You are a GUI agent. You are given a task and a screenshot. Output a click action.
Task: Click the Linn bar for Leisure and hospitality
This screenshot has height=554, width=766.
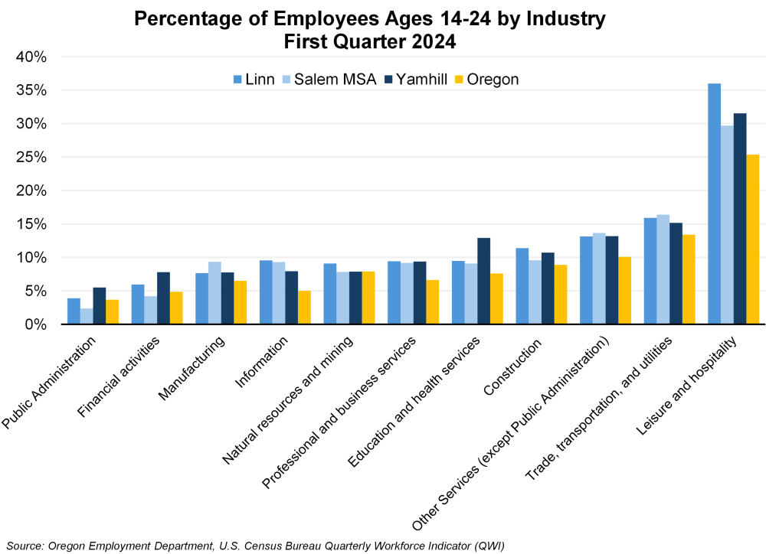point(714,204)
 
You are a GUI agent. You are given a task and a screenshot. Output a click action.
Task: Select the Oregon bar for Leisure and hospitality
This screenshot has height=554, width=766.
point(752,240)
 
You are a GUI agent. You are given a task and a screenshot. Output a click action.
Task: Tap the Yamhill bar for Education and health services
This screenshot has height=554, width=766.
point(483,282)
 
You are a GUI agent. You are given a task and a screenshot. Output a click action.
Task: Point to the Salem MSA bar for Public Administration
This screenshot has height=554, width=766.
point(87,316)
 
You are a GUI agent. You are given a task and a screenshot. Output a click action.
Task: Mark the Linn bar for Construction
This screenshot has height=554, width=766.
point(522,286)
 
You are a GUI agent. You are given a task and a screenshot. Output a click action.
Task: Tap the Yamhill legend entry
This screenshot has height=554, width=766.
point(418,79)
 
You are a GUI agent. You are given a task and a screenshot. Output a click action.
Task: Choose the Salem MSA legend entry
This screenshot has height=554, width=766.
point(329,79)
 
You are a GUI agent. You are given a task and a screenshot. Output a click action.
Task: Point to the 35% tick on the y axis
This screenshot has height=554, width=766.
point(31,90)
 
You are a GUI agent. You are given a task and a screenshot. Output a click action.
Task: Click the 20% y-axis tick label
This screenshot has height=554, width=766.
point(31,191)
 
